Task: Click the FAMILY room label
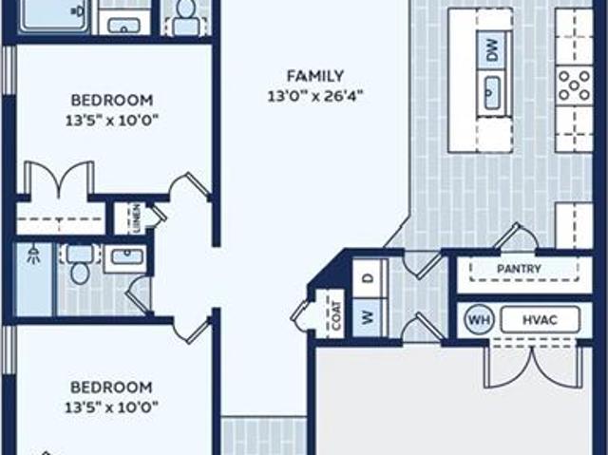pos(315,76)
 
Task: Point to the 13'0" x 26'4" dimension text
pos(315,96)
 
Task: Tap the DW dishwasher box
pos(492,51)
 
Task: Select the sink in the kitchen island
pos(491,93)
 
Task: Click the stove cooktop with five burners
pos(574,85)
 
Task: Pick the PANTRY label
pos(519,269)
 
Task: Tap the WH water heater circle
pos(479,320)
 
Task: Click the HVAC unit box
pos(541,320)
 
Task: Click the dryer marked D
pos(370,278)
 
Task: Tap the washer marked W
pos(370,317)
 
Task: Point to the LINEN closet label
pos(137,218)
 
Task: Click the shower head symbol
pos(34,254)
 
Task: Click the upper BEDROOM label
pos(112,101)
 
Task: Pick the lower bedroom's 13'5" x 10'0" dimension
pos(112,408)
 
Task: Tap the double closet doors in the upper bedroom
pos(59,180)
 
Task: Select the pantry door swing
pos(515,236)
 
